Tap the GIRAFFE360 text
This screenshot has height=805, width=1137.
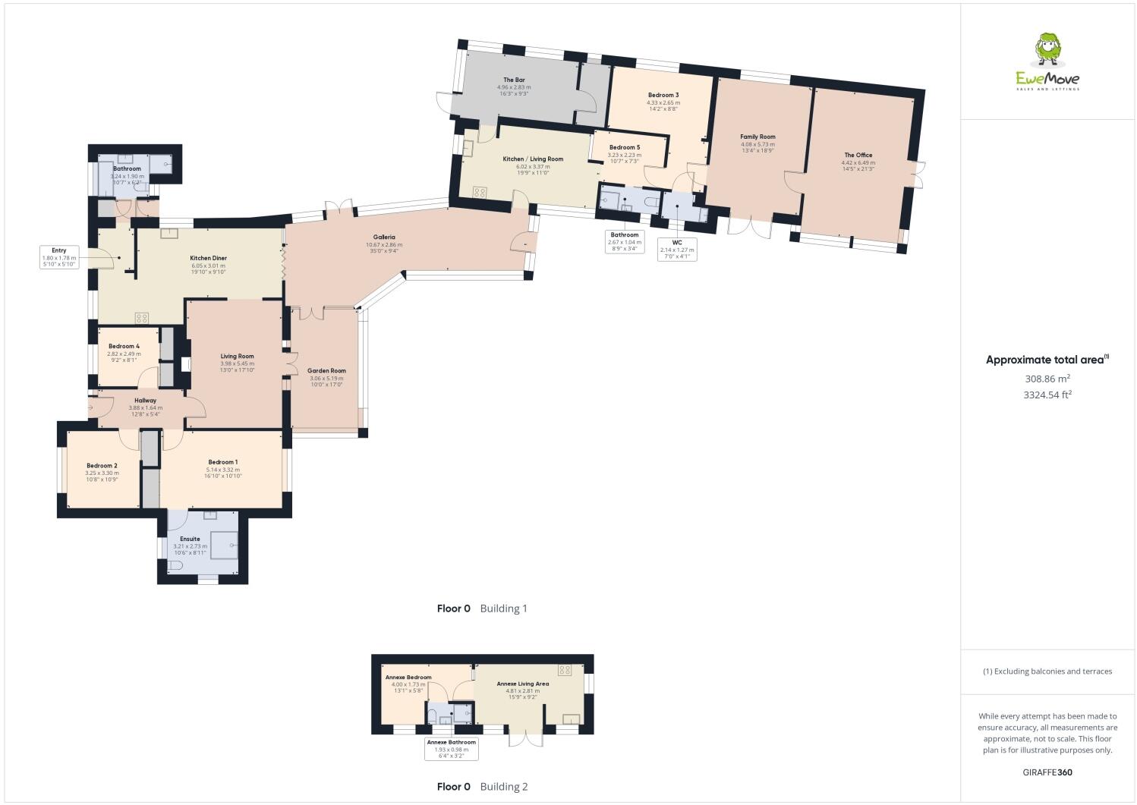pyautogui.click(x=1047, y=772)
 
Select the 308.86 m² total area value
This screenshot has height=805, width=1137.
pyautogui.click(x=1047, y=378)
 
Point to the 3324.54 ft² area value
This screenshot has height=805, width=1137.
pyautogui.click(x=1047, y=395)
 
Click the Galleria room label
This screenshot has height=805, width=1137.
pyautogui.click(x=384, y=237)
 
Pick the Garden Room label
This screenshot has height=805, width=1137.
pyautogui.click(x=326, y=371)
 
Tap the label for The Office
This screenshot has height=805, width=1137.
pyautogui.click(x=858, y=156)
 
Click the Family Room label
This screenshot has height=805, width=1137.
pyautogui.click(x=757, y=137)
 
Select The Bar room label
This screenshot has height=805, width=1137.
pyautogui.click(x=514, y=80)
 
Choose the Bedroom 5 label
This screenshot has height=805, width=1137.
pyautogui.click(x=625, y=147)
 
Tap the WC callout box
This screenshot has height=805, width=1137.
pyautogui.click(x=677, y=247)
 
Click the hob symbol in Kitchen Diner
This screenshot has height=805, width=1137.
pyautogui.click(x=142, y=318)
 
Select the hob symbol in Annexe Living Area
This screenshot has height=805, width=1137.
pyautogui.click(x=565, y=670)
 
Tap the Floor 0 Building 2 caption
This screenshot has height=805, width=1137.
pyautogui.click(x=482, y=787)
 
